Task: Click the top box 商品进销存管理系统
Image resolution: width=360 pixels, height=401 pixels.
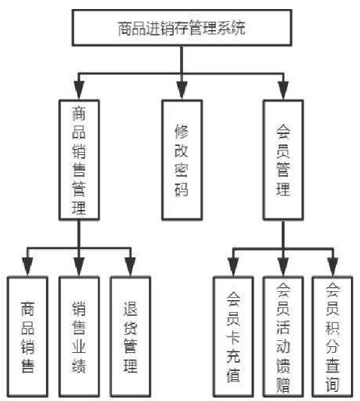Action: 182,28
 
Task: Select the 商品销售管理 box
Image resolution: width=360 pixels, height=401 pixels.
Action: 79,159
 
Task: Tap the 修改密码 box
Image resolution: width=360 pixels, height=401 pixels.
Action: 182,159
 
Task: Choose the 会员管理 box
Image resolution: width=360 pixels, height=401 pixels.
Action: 283,159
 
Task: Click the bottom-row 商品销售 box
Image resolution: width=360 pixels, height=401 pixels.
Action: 27,337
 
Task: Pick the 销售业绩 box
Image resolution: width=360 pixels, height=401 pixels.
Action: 79,337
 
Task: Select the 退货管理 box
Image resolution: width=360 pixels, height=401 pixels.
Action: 130,337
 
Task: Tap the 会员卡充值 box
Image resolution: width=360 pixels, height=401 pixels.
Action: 233,337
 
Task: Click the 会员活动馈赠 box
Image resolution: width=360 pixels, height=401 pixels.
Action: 283,337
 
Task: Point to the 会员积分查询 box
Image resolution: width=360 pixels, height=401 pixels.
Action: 333,337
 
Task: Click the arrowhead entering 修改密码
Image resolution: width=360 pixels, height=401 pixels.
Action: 182,90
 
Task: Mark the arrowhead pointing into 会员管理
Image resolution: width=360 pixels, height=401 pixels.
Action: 283,90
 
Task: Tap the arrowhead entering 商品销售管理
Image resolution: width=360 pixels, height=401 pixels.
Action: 79,90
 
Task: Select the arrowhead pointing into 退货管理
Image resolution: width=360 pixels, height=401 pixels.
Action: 130,267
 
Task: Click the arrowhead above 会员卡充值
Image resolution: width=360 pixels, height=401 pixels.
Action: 233,267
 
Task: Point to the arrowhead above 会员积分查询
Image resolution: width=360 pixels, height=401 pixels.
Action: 333,267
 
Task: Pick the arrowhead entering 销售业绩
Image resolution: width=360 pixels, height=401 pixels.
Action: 79,267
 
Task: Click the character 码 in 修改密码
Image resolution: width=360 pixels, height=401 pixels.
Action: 182,189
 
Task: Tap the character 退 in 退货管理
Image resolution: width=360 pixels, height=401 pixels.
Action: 130,308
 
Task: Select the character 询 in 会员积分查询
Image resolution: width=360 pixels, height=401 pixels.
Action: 333,384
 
